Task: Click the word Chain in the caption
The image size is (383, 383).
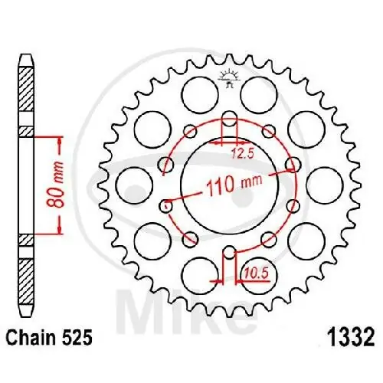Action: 31,336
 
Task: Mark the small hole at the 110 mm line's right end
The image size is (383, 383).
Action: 292,164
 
